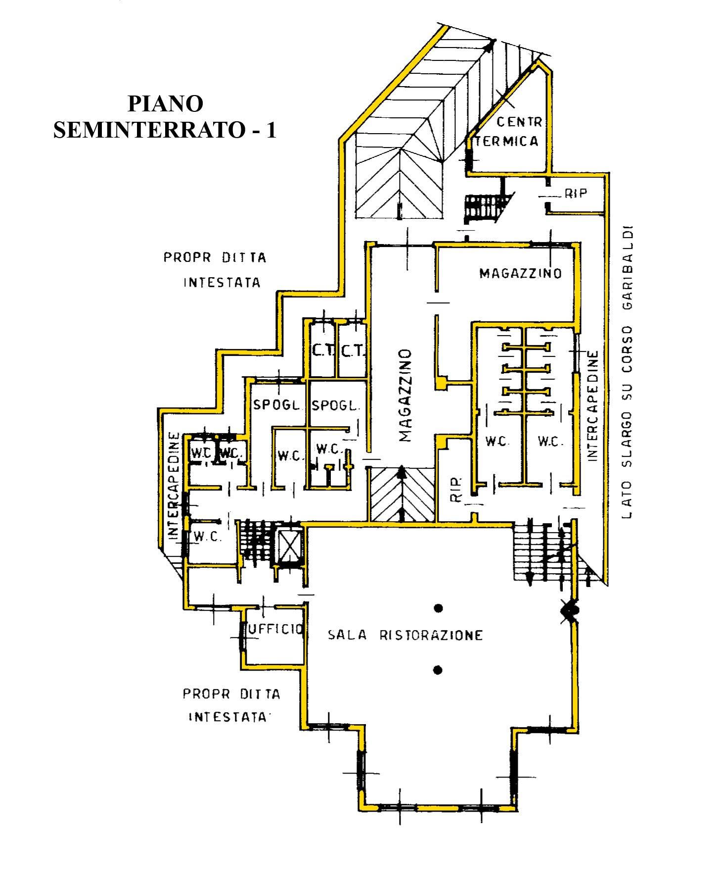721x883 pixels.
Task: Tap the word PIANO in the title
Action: [x=165, y=104]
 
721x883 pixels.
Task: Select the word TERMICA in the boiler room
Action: [x=509, y=142]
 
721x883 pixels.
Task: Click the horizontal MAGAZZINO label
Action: [x=520, y=273]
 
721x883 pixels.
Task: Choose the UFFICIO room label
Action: [x=275, y=629]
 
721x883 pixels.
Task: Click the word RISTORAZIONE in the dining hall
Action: [x=430, y=635]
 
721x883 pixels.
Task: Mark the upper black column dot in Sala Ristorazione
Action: [x=438, y=608]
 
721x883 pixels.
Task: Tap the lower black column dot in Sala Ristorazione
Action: [x=437, y=670]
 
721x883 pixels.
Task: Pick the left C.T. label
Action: [x=323, y=351]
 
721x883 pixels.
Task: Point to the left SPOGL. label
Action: [x=277, y=405]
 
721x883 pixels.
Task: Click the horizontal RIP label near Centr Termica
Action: [x=576, y=194]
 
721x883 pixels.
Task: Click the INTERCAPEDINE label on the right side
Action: [x=593, y=406]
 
